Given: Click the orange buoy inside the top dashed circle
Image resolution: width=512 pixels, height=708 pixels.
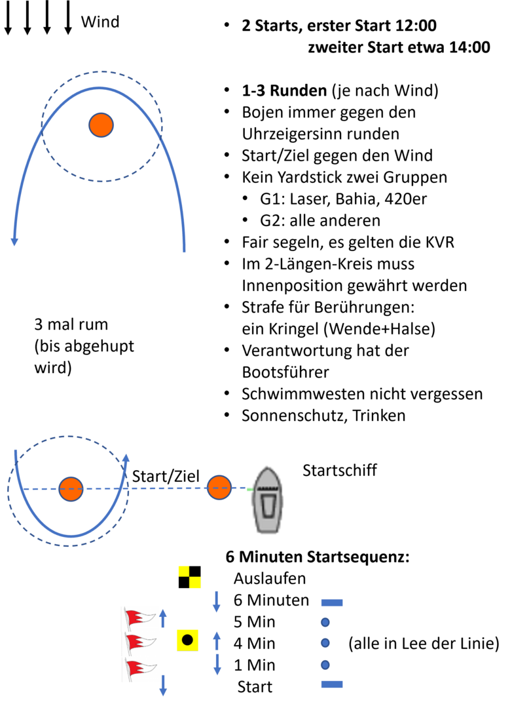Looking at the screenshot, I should pyautogui.click(x=101, y=125).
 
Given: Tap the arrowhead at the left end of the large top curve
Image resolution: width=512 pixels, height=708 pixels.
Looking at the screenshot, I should pyautogui.click(x=14, y=241).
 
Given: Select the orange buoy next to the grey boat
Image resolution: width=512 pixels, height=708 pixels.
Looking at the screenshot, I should pyautogui.click(x=219, y=488).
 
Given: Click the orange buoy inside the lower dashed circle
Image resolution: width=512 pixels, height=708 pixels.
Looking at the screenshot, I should pyautogui.click(x=71, y=489).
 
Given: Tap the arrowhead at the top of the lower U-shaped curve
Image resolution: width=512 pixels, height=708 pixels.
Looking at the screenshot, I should pyautogui.click(x=126, y=458).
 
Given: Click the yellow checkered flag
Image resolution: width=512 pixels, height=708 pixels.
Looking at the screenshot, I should pyautogui.click(x=189, y=577).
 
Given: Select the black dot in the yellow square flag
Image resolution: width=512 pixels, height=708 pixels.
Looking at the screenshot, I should pyautogui.click(x=187, y=640).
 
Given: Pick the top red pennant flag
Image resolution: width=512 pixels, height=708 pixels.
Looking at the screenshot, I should pyautogui.click(x=140, y=618).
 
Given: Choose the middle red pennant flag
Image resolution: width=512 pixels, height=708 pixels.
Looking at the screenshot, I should pyautogui.click(x=140, y=642).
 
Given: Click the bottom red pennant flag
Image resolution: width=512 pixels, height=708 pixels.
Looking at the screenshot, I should pyautogui.click(x=140, y=668).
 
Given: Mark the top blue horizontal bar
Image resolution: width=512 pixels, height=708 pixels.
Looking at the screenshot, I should pyautogui.click(x=332, y=602).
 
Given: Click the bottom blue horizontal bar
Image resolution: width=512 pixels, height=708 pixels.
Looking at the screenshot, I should pyautogui.click(x=332, y=684).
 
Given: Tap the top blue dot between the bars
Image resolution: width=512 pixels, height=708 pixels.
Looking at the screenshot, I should pyautogui.click(x=325, y=622).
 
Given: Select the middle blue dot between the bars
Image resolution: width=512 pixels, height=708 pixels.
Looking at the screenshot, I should pyautogui.click(x=325, y=643).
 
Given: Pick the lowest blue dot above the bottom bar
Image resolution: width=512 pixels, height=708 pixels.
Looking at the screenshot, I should pyautogui.click(x=325, y=665).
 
